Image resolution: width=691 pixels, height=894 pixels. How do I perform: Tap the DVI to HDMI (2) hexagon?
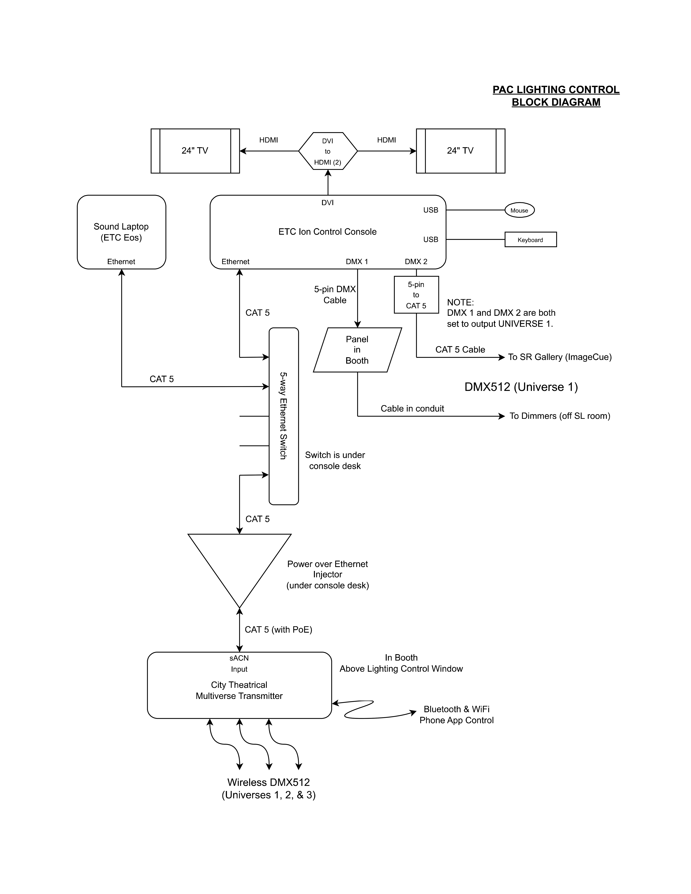pyautogui.click(x=327, y=151)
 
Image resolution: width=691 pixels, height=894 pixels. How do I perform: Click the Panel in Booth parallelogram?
pyautogui.click(x=357, y=350)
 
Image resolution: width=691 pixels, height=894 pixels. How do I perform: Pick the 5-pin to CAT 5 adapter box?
pyautogui.click(x=416, y=295)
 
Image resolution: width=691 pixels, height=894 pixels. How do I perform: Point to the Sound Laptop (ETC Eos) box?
pyautogui.click(x=121, y=232)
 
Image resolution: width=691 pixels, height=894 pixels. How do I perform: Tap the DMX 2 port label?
pyautogui.click(x=416, y=262)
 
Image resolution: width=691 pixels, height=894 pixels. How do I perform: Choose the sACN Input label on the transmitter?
pyautogui.click(x=239, y=664)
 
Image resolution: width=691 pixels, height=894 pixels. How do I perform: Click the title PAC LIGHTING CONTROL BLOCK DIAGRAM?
pyautogui.click(x=556, y=96)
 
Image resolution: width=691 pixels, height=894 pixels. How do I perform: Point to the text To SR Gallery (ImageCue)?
pyautogui.click(x=560, y=357)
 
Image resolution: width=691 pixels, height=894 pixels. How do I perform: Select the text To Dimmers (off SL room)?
pyautogui.click(x=560, y=416)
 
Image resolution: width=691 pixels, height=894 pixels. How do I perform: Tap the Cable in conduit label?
pyautogui.click(x=412, y=409)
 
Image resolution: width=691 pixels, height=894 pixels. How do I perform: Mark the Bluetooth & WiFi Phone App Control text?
pyautogui.click(x=456, y=715)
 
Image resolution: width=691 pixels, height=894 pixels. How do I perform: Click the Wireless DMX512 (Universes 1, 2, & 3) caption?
pyautogui.click(x=269, y=788)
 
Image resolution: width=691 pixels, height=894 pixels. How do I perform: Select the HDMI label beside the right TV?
pyautogui.click(x=386, y=140)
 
